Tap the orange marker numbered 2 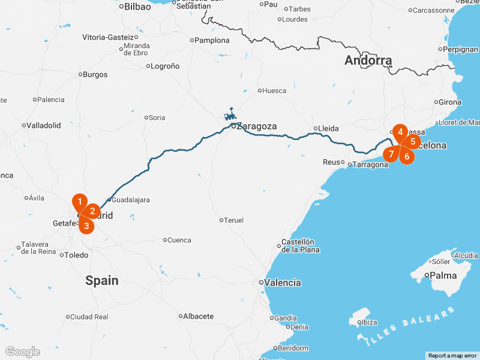(92, 211)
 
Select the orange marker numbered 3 (86, 226)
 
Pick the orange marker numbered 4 (400, 131)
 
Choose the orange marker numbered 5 (413, 142)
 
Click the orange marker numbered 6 (407, 157)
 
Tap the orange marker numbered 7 (391, 154)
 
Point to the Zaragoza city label (256, 126)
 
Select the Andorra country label (368, 61)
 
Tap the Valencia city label (283, 283)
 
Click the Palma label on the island (444, 276)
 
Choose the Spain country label (102, 280)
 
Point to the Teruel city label (234, 220)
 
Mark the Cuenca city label (179, 240)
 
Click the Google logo (22, 352)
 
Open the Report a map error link (452, 356)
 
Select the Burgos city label (96, 74)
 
